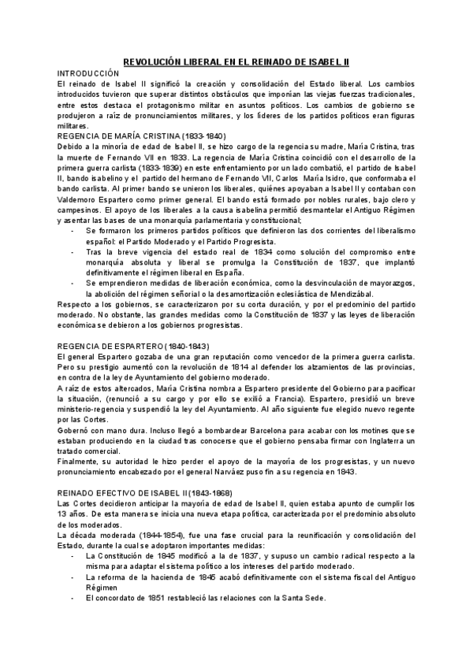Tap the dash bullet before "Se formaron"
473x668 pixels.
[73, 230]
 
